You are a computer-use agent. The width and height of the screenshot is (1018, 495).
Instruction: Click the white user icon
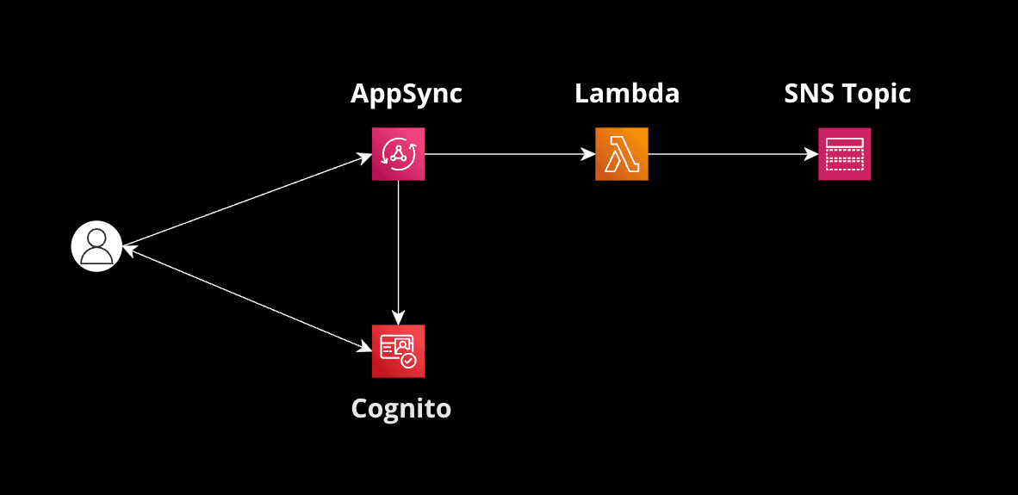click(x=96, y=246)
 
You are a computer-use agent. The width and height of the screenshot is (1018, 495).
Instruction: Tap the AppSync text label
click(x=406, y=93)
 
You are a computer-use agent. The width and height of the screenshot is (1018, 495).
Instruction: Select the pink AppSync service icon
click(x=398, y=154)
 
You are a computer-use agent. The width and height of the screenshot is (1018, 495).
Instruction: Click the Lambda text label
click(x=626, y=93)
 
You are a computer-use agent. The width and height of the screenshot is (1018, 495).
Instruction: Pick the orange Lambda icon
click(x=621, y=154)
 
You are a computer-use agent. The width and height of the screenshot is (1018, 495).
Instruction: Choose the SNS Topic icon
click(x=844, y=154)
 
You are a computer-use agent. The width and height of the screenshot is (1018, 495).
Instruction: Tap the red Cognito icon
click(x=398, y=351)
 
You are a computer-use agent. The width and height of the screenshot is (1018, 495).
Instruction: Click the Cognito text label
click(x=400, y=407)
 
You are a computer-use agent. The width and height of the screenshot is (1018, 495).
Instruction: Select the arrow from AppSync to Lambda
click(x=508, y=154)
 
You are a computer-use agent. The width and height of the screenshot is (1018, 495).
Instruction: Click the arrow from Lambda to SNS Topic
click(x=732, y=154)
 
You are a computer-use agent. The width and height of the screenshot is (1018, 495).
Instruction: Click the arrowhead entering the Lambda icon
click(x=588, y=154)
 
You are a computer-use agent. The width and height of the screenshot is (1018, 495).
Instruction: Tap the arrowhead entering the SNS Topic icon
click(x=811, y=154)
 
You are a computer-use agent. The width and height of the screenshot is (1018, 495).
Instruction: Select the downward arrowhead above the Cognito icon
click(x=398, y=317)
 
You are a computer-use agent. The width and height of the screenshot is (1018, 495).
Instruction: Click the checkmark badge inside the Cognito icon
click(x=409, y=361)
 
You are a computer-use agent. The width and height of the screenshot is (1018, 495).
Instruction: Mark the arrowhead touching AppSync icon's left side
click(x=365, y=158)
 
